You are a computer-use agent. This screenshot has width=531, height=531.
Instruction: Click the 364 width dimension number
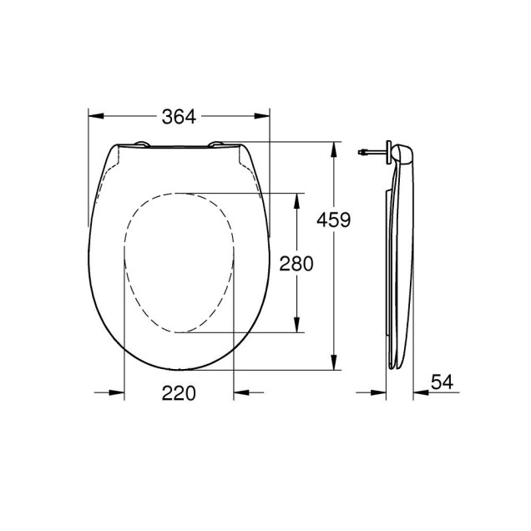click(x=179, y=118)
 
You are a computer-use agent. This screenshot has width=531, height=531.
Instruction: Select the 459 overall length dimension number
click(x=333, y=220)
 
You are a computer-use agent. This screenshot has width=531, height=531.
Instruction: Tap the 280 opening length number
click(x=296, y=264)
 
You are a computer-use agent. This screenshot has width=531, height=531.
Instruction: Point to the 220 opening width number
click(x=179, y=393)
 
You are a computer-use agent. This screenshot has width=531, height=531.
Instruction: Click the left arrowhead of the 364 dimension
click(x=94, y=118)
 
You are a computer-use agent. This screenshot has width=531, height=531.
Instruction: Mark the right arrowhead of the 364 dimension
click(x=265, y=118)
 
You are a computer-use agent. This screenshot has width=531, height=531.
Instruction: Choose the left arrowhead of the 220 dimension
click(x=119, y=392)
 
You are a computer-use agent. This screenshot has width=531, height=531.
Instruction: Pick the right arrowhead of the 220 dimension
click(x=240, y=392)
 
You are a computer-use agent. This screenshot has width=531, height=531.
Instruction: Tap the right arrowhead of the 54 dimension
click(x=417, y=392)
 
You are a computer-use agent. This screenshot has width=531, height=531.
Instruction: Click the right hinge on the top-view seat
click(x=219, y=146)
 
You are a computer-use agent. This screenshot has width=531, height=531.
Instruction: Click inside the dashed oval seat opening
click(x=179, y=263)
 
